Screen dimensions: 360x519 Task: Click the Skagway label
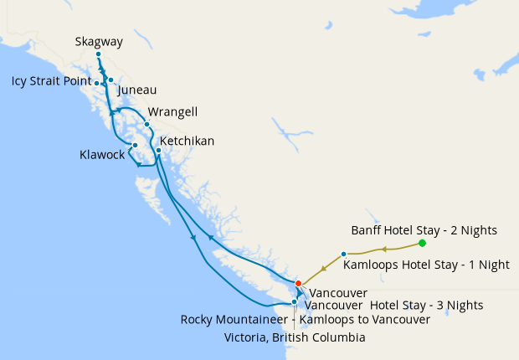click(99, 41)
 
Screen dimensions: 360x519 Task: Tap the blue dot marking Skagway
click(98, 54)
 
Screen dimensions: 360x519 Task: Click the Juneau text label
click(137, 90)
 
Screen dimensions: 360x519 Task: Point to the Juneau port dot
click(110, 80)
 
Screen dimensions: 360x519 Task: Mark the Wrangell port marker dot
click(147, 125)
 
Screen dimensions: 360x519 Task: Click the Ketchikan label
click(187, 141)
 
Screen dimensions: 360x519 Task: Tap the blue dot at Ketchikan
click(158, 151)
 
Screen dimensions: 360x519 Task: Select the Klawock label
click(102, 155)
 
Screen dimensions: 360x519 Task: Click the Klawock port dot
click(135, 145)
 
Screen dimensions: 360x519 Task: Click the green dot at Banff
click(422, 243)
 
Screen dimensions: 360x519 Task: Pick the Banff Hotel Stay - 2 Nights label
click(424, 229)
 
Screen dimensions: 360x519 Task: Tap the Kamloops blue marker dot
click(344, 254)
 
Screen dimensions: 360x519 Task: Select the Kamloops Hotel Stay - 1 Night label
click(427, 265)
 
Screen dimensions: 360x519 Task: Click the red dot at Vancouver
click(298, 283)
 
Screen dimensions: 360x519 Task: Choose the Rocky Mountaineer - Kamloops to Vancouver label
click(306, 320)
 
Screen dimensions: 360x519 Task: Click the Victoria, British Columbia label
click(295, 337)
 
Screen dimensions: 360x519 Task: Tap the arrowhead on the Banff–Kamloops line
click(383, 249)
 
